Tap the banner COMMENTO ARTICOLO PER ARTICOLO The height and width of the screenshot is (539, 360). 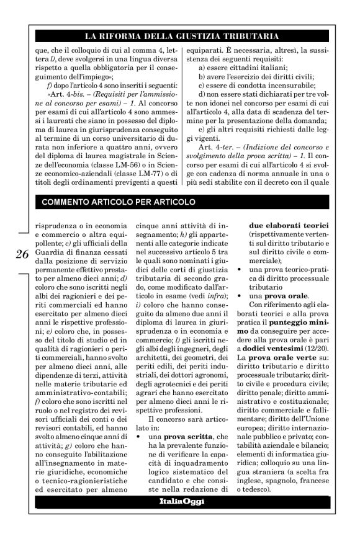[x=119, y=202]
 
